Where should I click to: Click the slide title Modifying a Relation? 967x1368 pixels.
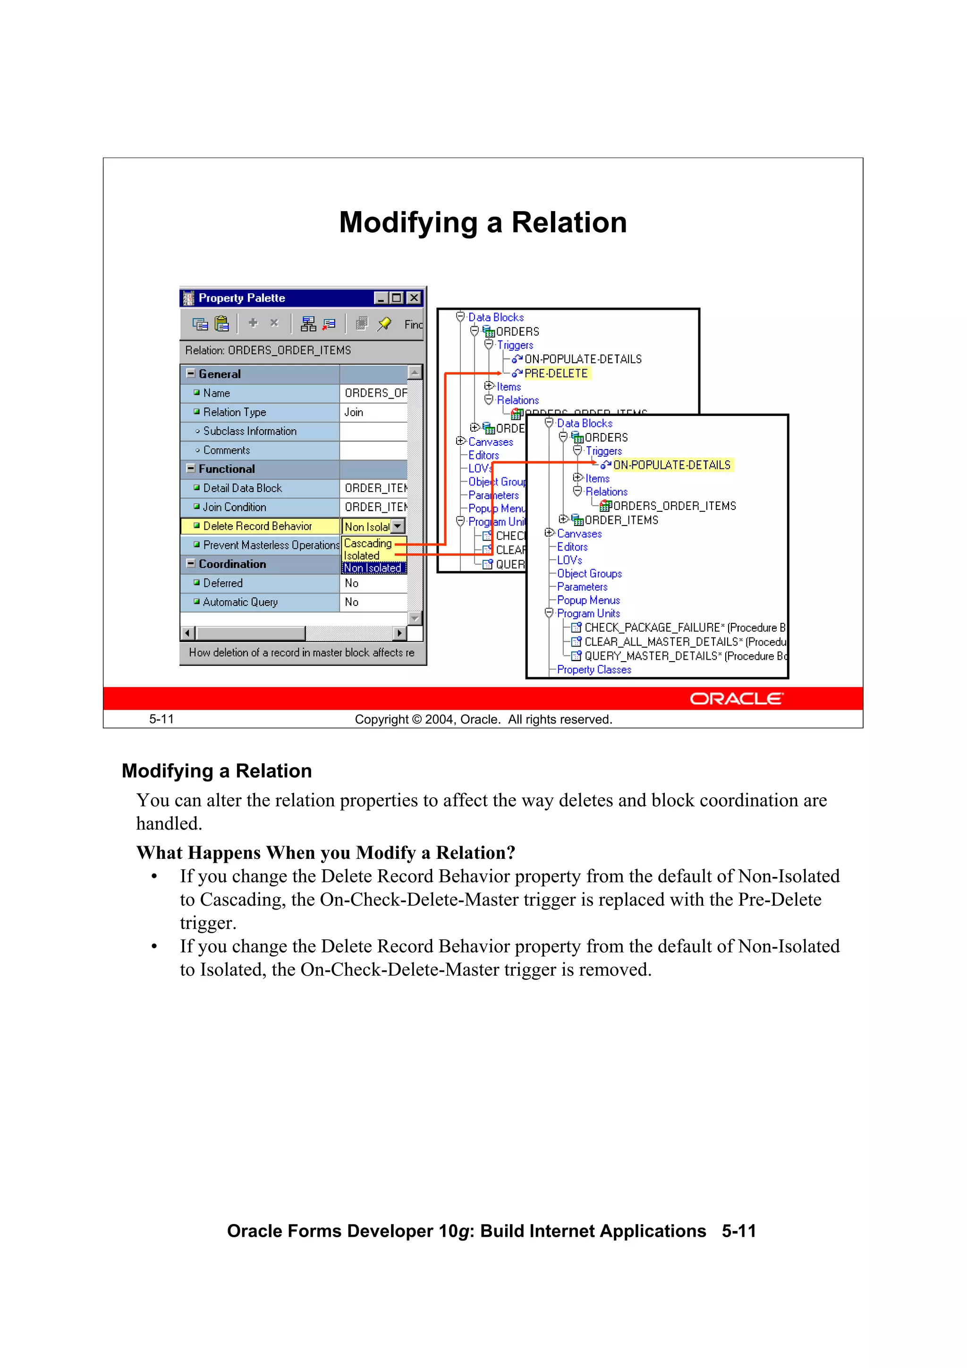pos(483,222)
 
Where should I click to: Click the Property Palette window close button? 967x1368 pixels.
pos(414,297)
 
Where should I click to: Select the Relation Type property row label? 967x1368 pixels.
pos(234,412)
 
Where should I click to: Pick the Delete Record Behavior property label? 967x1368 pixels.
pos(257,526)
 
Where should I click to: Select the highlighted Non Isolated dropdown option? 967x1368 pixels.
pos(373,568)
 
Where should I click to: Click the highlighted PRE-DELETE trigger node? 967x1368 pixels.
pos(555,373)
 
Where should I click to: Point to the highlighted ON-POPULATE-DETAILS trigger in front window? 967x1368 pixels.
pos(671,465)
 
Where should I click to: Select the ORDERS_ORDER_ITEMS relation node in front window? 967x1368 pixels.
pos(674,506)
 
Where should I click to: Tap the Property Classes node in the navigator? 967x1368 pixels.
pos(594,669)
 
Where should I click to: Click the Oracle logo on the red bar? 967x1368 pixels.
pos(737,698)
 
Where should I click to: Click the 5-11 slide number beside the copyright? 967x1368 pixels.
pos(161,719)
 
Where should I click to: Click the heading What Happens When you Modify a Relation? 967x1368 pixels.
pos(325,853)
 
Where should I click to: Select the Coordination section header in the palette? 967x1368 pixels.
pos(232,564)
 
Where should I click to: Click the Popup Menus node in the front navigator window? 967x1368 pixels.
pos(588,600)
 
